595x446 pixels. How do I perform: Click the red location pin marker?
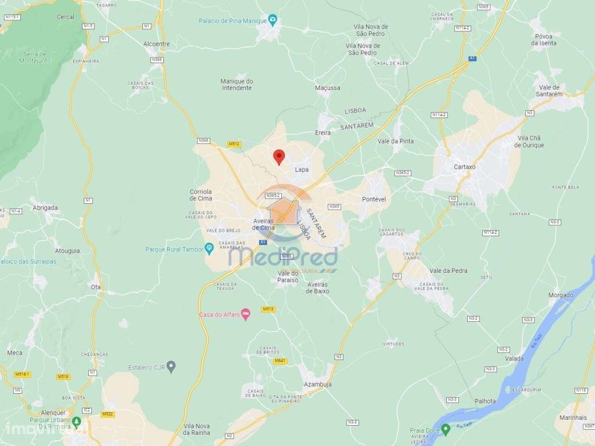click(279, 156)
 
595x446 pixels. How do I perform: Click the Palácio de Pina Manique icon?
click(273, 21)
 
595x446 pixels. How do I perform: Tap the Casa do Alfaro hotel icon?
click(246, 314)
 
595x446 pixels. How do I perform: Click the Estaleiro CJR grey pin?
click(171, 366)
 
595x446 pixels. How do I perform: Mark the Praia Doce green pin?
click(446, 430)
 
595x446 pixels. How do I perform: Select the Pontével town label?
click(374, 199)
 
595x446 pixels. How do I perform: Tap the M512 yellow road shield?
click(234, 143)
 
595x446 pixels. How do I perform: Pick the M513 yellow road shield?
click(268, 310)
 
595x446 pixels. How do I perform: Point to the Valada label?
click(514, 358)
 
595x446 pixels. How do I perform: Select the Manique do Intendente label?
click(236, 84)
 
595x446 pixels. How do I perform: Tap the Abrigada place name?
click(46, 208)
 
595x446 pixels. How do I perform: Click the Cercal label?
click(65, 17)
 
